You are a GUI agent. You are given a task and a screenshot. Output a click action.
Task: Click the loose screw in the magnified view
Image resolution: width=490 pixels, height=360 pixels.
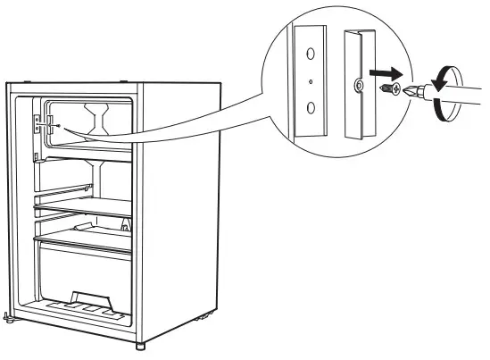tap(386, 88)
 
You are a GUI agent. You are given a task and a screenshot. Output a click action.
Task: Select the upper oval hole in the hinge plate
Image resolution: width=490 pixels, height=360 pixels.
tap(309, 54)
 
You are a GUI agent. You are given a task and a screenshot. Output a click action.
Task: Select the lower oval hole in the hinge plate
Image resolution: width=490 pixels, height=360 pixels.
tap(310, 108)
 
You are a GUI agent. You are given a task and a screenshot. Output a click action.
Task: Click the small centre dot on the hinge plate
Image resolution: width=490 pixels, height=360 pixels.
tap(309, 81)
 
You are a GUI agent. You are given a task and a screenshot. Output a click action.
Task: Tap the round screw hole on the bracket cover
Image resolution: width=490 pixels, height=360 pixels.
tap(356, 87)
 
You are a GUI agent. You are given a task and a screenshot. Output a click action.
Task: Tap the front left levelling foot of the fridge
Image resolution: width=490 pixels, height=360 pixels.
tap(9, 315)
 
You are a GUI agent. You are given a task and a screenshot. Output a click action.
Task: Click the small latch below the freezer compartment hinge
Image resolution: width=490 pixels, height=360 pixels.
tap(36, 158)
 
